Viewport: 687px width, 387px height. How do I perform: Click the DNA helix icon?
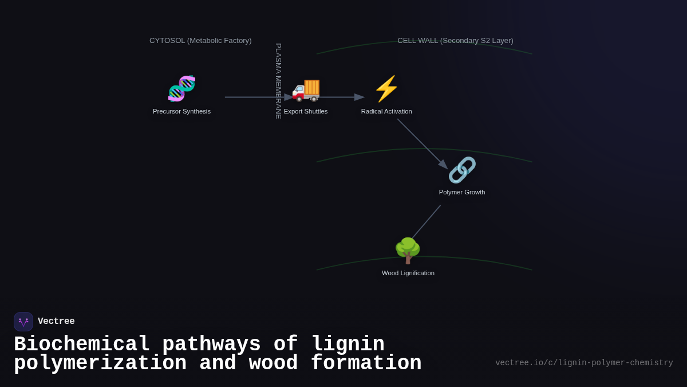(x=181, y=89)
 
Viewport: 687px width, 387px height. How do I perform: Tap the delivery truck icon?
(x=306, y=89)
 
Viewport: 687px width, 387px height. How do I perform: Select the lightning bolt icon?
(x=386, y=89)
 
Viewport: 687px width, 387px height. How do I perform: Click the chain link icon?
(x=462, y=170)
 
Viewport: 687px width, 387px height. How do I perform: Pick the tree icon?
(x=408, y=251)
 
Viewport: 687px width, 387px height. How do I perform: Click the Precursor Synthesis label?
(x=181, y=111)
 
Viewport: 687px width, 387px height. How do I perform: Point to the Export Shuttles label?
(x=306, y=111)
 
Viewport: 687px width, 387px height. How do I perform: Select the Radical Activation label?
(x=386, y=111)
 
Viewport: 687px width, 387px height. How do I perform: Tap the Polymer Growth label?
(x=462, y=192)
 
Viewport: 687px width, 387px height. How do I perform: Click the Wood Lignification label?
(x=408, y=273)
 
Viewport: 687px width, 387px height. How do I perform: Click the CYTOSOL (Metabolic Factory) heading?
(x=200, y=41)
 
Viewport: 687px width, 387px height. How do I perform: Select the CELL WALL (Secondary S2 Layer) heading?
(x=455, y=41)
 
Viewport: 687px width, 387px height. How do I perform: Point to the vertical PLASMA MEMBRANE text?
(x=278, y=81)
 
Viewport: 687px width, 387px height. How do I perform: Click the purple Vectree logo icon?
(x=23, y=322)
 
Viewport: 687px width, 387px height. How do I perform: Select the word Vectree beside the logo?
(x=56, y=322)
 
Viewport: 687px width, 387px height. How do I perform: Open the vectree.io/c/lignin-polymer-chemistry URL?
(x=584, y=363)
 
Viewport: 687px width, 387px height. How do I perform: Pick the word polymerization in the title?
(x=100, y=363)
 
